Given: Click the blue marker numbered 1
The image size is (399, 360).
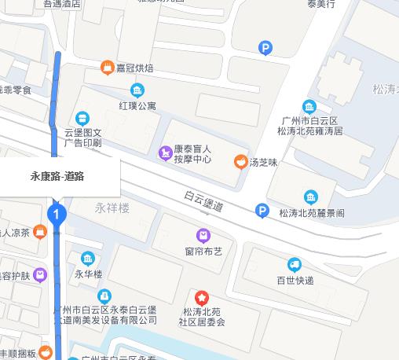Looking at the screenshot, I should click(56, 214).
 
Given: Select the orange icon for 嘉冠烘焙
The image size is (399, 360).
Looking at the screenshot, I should click(108, 68).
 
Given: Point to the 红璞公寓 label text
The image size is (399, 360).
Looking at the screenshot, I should click(138, 105).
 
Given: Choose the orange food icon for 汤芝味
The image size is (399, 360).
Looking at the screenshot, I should click(240, 162).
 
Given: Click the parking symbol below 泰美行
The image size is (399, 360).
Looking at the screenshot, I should click(265, 50).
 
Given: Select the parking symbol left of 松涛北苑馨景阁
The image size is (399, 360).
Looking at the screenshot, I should click(262, 211).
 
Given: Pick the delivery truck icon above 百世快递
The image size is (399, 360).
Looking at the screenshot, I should click(295, 265).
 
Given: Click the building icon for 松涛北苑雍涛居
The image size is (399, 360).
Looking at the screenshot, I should click(309, 107).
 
